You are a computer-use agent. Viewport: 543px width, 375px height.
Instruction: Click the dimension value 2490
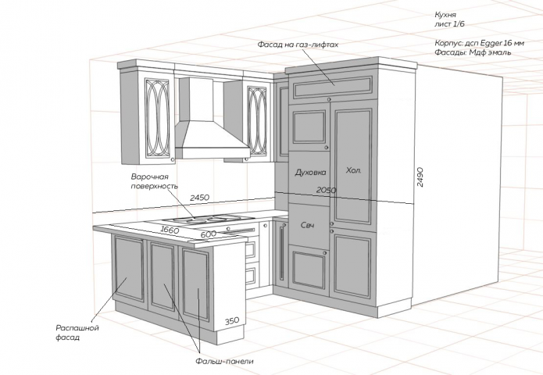click(x=420, y=177)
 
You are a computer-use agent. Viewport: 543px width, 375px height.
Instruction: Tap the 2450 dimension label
click(x=200, y=198)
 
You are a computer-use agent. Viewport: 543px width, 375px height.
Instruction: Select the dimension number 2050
click(x=327, y=190)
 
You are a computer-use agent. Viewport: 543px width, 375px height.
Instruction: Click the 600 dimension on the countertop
click(x=209, y=234)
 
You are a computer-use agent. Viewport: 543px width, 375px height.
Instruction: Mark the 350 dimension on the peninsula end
click(x=232, y=320)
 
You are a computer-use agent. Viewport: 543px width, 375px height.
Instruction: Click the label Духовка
click(x=311, y=172)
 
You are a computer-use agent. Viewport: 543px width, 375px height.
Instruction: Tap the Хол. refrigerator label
click(x=354, y=170)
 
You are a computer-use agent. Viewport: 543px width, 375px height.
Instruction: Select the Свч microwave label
click(x=308, y=226)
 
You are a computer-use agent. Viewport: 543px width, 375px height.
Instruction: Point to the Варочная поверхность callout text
click(x=155, y=181)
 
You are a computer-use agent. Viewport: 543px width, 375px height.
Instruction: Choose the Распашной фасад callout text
click(x=77, y=332)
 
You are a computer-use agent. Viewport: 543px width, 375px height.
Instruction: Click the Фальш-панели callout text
click(x=224, y=361)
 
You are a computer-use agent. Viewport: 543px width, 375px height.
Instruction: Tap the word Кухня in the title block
click(x=445, y=15)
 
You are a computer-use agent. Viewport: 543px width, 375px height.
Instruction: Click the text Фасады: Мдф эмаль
click(x=473, y=52)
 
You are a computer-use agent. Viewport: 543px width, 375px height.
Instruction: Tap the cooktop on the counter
click(x=200, y=219)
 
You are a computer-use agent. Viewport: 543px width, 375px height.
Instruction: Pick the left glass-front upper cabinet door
click(x=156, y=118)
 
